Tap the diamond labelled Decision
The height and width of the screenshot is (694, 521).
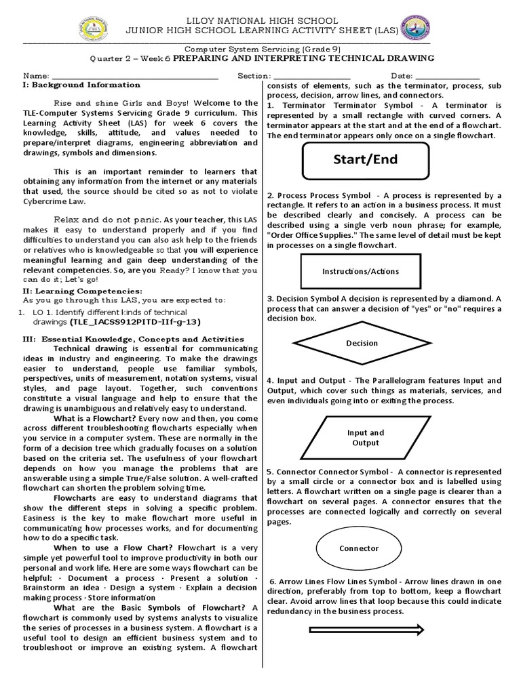(x=362, y=343)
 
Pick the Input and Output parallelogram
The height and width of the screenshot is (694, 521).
(x=365, y=438)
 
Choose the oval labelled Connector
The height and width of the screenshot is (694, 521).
(x=358, y=548)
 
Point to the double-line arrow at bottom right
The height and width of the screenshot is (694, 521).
(x=366, y=630)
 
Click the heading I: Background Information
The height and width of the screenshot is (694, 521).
(x=81, y=85)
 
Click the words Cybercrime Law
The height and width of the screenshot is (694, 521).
(x=53, y=201)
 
